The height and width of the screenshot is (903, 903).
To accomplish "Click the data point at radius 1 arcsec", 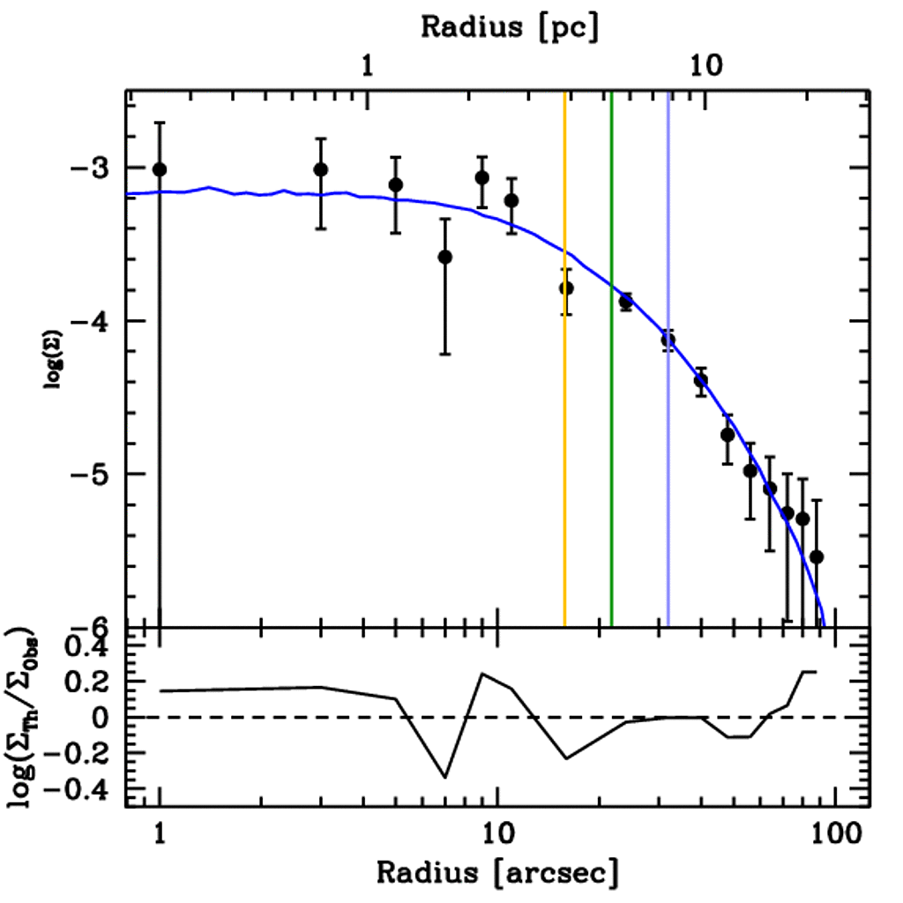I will [x=160, y=169].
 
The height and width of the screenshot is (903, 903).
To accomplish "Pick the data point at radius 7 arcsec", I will [x=445, y=257].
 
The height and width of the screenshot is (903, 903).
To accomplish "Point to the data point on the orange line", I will [x=566, y=288].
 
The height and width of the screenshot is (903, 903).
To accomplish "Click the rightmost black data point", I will [x=817, y=556].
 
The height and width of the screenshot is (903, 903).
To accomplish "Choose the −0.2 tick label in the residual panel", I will [x=77, y=755].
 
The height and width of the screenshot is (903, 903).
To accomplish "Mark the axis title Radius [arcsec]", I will [x=498, y=873].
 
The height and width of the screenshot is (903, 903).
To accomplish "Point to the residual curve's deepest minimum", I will [x=445, y=778].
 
